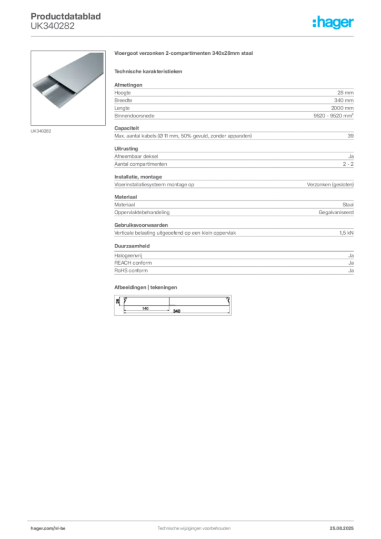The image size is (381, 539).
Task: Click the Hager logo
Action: coord(333,22)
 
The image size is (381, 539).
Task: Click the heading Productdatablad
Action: coord(66,16)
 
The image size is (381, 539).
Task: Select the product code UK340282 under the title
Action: coord(53,26)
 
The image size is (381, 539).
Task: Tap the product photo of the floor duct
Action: coord(68,88)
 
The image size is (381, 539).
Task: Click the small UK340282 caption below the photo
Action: coord(41,131)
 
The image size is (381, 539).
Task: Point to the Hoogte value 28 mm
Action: coord(345,93)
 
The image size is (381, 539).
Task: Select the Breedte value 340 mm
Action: coord(344,101)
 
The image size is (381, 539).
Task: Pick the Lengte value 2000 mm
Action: coord(342,108)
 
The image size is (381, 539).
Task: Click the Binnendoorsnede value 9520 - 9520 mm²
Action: coord(333,115)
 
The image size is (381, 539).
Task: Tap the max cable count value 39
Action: coord(350,136)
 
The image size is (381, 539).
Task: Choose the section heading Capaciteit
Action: coord(126,128)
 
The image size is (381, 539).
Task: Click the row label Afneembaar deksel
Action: coord(136,156)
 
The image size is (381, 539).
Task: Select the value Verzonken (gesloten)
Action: coord(330,185)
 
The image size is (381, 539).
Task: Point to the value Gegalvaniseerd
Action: coord(336,213)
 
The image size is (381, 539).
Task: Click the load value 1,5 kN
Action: coord(346,233)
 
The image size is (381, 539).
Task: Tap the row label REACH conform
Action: coord(133,263)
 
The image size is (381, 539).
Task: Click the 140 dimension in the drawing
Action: coord(145,308)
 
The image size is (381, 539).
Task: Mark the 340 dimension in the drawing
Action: coord(177,311)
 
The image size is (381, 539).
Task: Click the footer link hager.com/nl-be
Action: coord(48,528)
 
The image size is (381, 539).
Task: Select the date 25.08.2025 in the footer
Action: coord(342,528)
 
